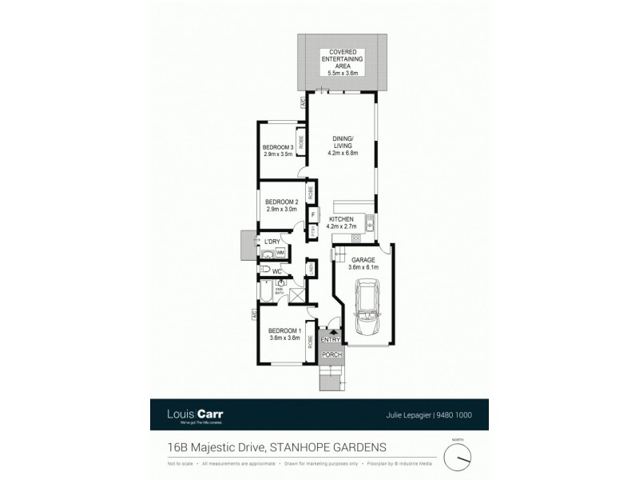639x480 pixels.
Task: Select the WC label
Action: pos(278,272)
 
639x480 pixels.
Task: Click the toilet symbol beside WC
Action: pos(264,271)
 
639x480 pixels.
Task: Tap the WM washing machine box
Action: pos(280,253)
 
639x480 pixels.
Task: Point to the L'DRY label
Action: pos(274,241)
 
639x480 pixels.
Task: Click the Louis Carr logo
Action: pos(195,415)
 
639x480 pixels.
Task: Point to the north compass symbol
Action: pos(458,457)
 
